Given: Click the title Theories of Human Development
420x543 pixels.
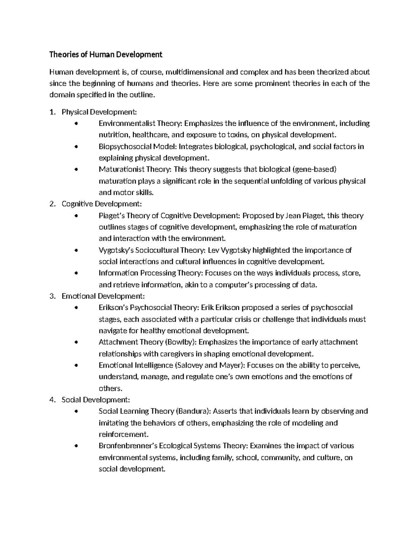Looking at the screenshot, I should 106,54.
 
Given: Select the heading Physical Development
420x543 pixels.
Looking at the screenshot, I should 99,112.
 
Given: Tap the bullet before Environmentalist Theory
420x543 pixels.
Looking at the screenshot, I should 77,123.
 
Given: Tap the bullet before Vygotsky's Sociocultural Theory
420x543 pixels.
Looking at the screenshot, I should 77,250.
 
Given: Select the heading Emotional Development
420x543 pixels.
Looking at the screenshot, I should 103,296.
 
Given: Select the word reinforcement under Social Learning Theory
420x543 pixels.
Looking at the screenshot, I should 124,434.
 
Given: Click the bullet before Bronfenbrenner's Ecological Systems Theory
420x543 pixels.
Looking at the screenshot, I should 77,446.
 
